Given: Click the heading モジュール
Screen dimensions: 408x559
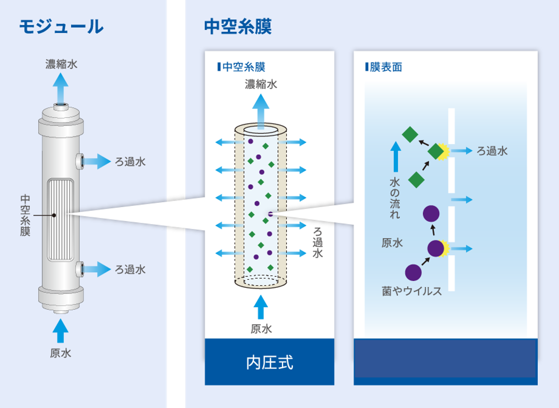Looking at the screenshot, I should tap(61, 27).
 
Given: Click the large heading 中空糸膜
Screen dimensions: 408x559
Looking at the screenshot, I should tap(238, 27).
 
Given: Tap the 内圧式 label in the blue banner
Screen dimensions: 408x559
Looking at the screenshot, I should tap(269, 362).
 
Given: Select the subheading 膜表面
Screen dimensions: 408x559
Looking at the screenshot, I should tap(386, 67).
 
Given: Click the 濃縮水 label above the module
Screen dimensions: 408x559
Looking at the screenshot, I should tap(61, 64).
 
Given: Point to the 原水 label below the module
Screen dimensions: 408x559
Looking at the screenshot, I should tap(61, 353).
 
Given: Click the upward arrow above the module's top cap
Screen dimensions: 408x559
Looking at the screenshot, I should tap(61, 87).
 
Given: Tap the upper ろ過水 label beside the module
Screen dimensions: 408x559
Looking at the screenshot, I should tap(130, 161).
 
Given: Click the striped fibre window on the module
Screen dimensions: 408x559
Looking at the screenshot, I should tap(60, 219).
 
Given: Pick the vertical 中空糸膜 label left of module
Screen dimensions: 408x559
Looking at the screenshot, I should tap(25, 215).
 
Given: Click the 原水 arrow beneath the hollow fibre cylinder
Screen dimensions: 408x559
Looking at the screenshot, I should tap(261, 307).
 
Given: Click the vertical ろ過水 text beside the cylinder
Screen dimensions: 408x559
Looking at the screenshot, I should tap(318, 243).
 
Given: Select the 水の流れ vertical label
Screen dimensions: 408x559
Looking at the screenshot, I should tap(394, 198).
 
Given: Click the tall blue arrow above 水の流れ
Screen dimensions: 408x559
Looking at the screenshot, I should tap(396, 156).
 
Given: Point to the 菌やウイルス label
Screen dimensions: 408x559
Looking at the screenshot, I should tap(411, 291).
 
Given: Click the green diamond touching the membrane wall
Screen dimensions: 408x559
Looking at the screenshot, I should tap(436, 151).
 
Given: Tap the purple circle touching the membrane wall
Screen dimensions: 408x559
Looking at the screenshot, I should tap(436, 248).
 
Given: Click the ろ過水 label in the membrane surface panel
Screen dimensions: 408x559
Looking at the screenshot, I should tap(492, 151).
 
